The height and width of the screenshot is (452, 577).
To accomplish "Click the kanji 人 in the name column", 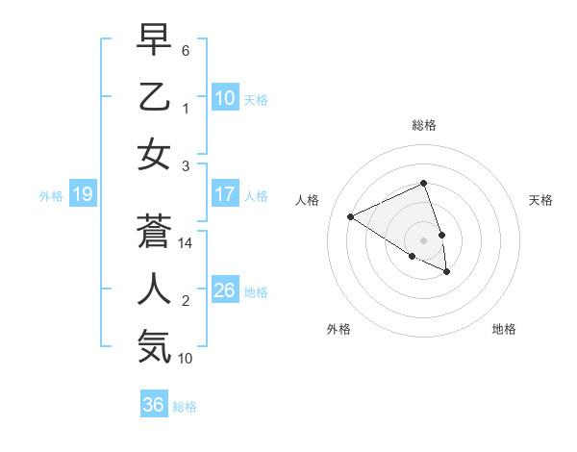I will [154, 289].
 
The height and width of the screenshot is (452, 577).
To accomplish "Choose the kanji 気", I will [154, 345].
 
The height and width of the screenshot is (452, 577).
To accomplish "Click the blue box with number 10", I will [224, 97].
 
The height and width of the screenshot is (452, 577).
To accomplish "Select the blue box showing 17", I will [224, 194].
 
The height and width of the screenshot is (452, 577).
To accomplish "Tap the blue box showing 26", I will [224, 289].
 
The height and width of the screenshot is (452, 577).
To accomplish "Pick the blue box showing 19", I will [82, 195].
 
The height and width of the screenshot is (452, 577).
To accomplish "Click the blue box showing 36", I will [153, 405].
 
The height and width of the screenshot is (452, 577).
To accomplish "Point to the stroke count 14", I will [187, 243].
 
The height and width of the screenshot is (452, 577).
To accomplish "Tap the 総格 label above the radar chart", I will [423, 125].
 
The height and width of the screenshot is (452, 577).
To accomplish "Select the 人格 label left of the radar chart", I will [308, 200].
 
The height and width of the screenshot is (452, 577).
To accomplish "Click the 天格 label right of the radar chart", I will [540, 200].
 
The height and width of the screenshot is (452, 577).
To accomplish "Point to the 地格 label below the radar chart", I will [504, 329].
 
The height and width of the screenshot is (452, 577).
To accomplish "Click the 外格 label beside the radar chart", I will [339, 329].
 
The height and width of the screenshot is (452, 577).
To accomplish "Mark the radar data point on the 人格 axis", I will [351, 216].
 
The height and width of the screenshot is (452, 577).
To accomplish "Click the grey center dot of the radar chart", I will [423, 239].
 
